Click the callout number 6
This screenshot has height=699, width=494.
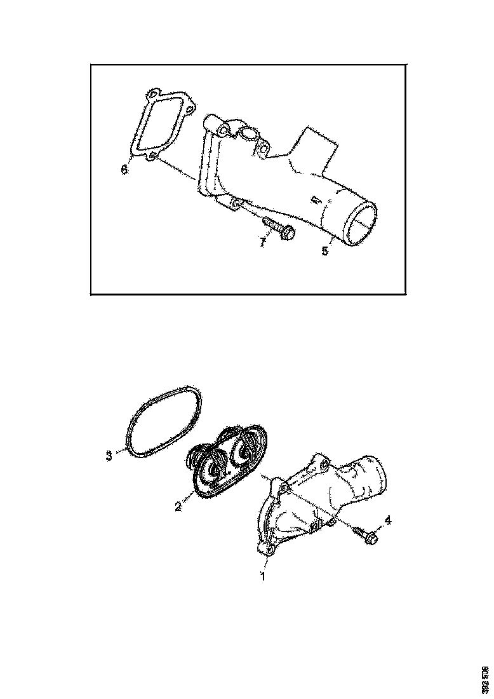click(124, 170)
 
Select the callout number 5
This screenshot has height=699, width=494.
click(324, 250)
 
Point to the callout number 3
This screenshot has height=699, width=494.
click(109, 455)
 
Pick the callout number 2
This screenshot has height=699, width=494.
click(178, 506)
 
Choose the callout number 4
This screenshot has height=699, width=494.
click(388, 520)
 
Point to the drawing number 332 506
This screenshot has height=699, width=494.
click(484, 679)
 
